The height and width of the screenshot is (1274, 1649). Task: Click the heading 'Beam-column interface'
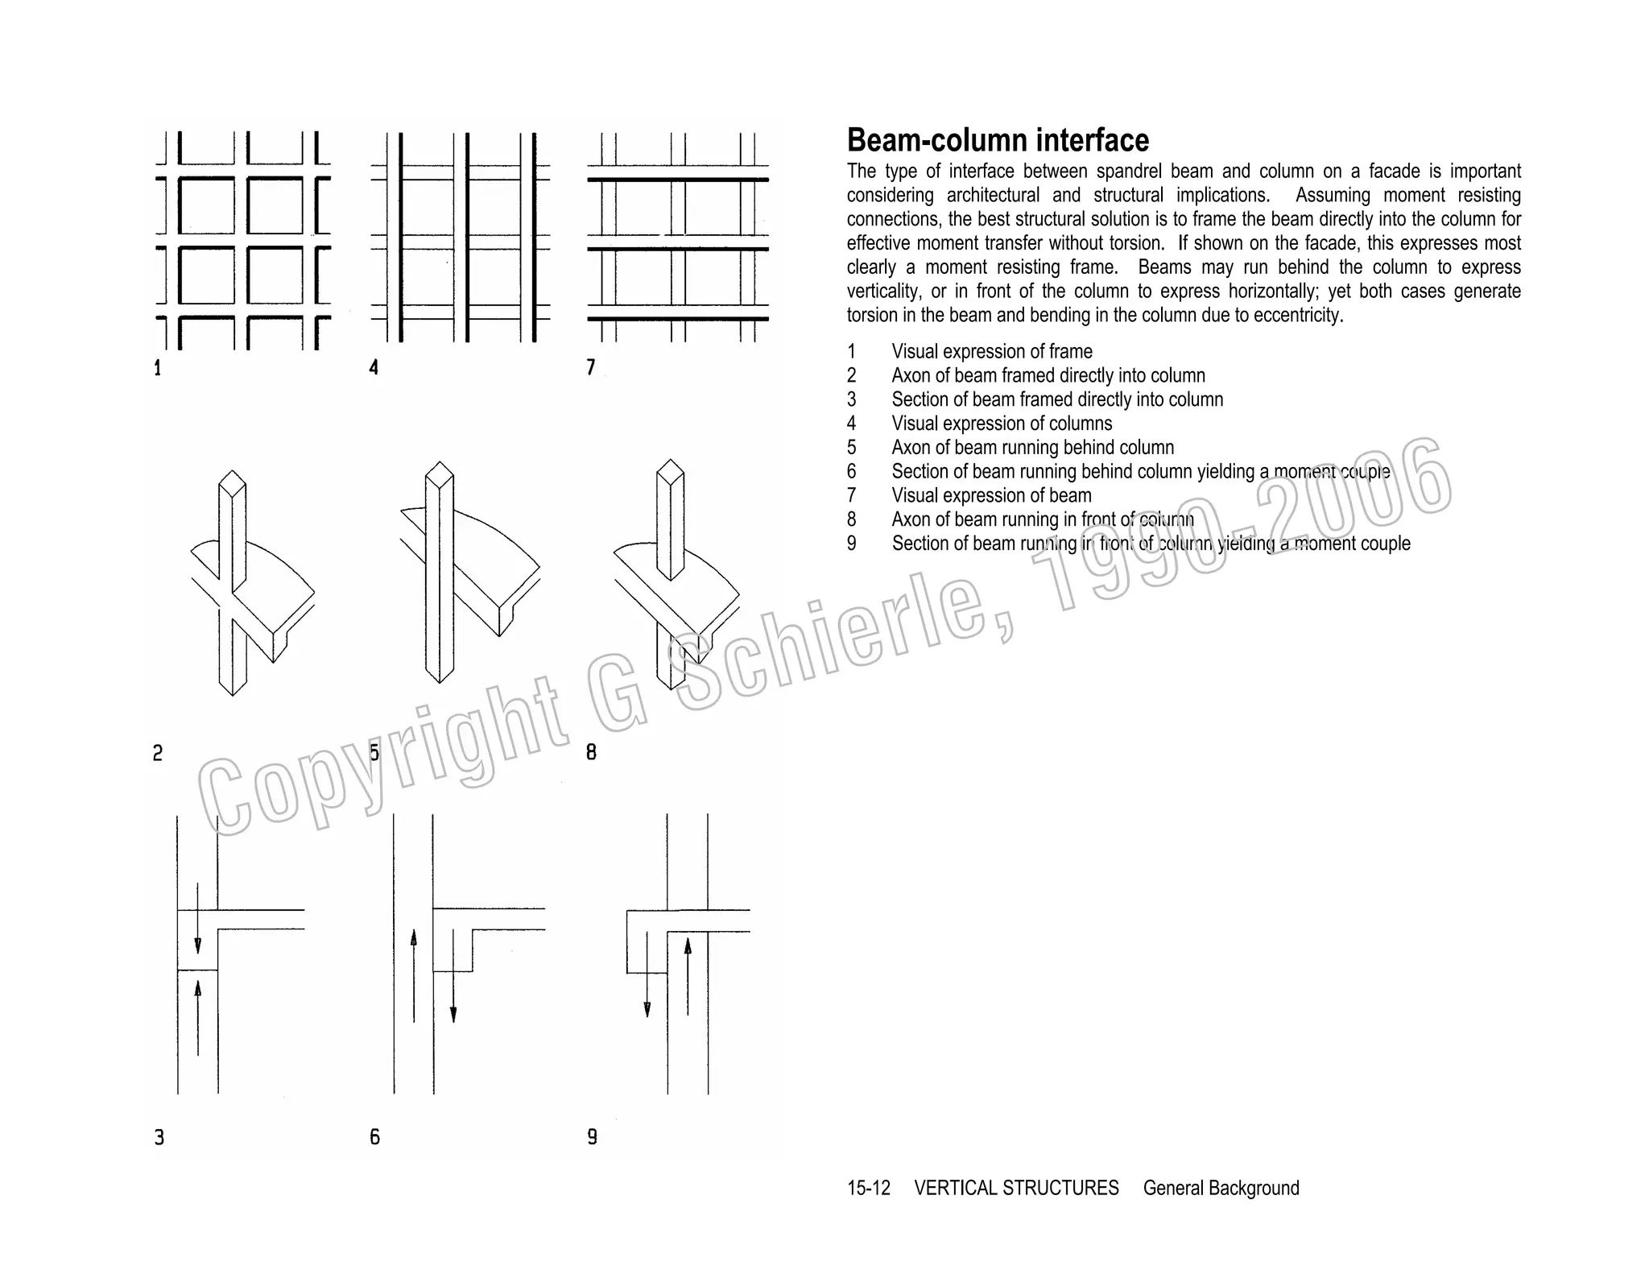point(997,140)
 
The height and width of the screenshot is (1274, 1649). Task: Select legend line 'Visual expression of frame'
point(991,352)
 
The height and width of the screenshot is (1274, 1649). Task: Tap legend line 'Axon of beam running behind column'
point(1032,448)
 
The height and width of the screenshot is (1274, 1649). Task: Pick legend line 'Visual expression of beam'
point(991,496)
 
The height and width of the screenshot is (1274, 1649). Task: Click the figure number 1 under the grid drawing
point(158,369)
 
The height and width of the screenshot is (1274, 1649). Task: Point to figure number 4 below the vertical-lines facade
point(374,368)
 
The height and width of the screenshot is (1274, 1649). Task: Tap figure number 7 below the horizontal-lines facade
point(591,368)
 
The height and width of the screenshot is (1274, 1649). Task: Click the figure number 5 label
point(374,753)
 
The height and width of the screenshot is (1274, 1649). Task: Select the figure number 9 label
point(593,1137)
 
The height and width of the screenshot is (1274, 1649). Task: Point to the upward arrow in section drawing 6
point(414,975)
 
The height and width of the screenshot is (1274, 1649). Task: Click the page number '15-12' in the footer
point(868,1188)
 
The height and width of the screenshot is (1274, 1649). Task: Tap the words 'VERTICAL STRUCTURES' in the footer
point(1016,1188)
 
